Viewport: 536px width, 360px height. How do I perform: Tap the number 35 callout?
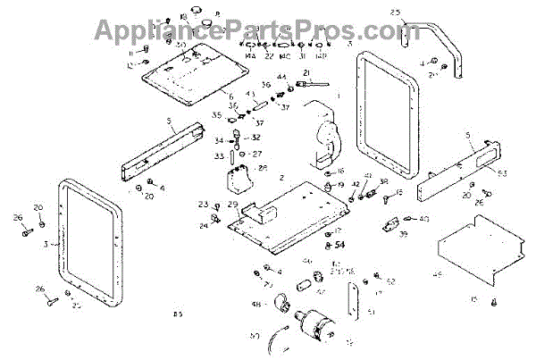(216, 115)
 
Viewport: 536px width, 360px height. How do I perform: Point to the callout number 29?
(233, 205)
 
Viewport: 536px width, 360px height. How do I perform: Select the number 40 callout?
(423, 219)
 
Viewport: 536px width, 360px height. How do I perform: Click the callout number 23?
(203, 205)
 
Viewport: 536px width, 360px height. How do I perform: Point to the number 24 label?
(203, 226)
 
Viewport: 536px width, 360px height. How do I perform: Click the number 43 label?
(251, 94)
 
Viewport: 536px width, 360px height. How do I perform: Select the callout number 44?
(281, 79)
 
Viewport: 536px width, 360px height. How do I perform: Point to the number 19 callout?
(340, 186)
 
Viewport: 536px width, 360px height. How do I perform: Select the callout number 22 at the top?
(268, 55)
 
